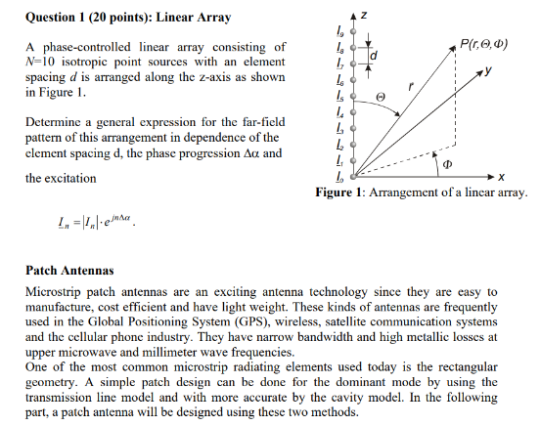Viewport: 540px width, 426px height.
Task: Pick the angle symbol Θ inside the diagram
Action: (383, 97)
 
